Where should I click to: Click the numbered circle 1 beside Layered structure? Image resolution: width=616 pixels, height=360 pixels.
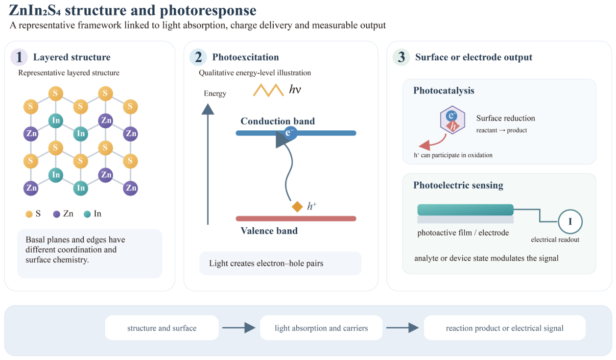(19, 57)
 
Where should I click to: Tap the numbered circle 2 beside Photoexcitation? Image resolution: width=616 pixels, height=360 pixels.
(198, 57)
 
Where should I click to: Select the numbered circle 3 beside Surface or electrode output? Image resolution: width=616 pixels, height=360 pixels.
(401, 57)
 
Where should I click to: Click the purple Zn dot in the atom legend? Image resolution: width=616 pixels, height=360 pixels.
(56, 214)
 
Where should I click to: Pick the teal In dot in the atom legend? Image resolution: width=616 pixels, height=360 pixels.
(87, 214)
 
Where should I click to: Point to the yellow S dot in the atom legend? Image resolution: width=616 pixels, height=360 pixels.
(29, 214)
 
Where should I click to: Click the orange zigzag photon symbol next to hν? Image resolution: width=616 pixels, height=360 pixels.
(268, 90)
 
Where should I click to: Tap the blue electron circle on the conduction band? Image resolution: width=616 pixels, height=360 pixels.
(289, 133)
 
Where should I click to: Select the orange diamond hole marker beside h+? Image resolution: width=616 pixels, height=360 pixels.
(297, 207)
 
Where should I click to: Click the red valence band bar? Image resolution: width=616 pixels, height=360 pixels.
(296, 218)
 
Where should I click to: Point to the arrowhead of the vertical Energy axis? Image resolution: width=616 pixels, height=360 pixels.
(208, 109)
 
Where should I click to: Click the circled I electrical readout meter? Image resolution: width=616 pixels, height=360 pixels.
(570, 222)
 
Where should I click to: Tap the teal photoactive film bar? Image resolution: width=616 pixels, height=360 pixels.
(465, 210)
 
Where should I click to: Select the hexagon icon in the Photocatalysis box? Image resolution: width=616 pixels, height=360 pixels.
(452, 120)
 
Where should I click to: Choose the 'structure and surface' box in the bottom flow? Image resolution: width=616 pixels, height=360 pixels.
(162, 328)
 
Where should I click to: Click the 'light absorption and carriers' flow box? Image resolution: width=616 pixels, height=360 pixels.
(321, 328)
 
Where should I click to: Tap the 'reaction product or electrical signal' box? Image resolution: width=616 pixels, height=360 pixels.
(505, 328)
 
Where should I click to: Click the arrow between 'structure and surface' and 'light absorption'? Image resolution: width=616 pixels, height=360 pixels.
(238, 328)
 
